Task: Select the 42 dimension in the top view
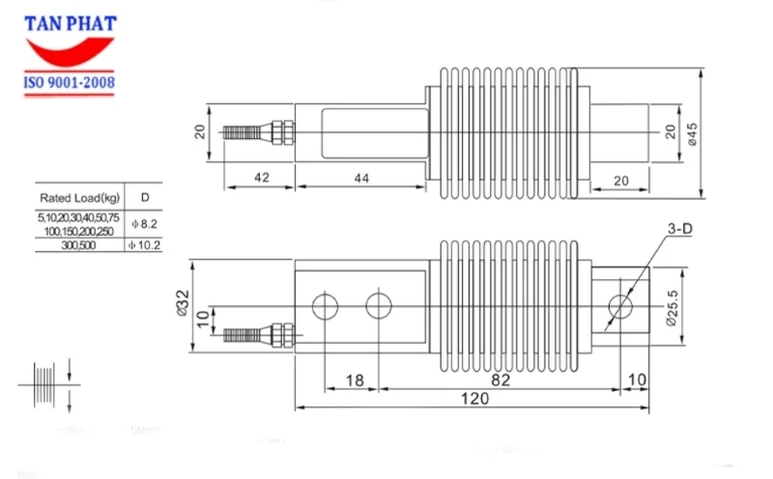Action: coord(258,177)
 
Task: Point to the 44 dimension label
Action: coord(360,177)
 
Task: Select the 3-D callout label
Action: coord(679,229)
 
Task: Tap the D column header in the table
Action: coord(144,198)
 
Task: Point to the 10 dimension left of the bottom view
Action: coord(200,319)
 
